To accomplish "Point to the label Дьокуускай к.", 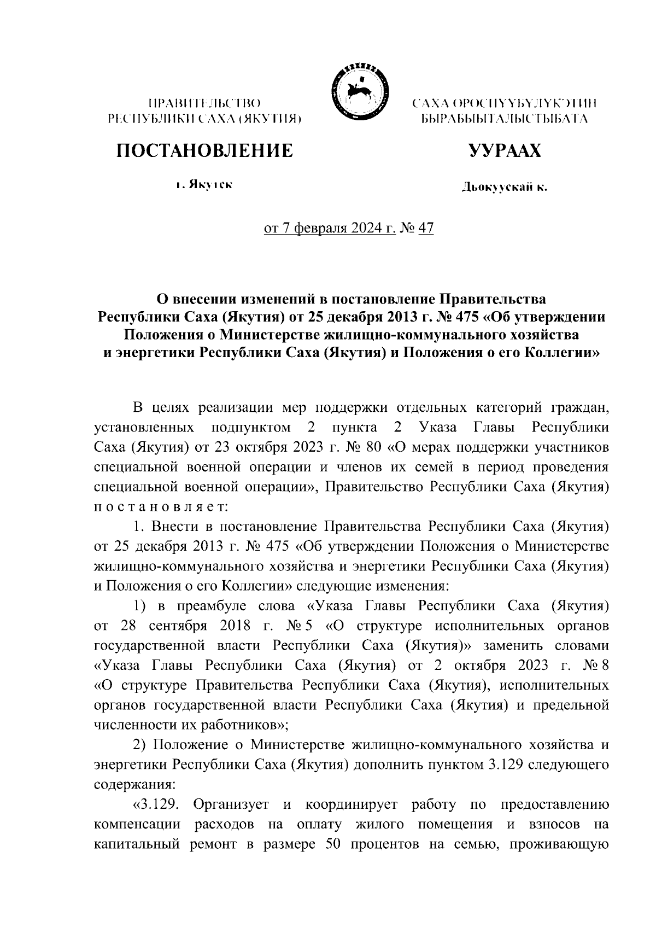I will pos(504,188).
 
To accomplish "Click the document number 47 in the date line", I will pos(425,229).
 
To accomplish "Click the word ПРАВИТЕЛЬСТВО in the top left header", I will pos(204,103).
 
